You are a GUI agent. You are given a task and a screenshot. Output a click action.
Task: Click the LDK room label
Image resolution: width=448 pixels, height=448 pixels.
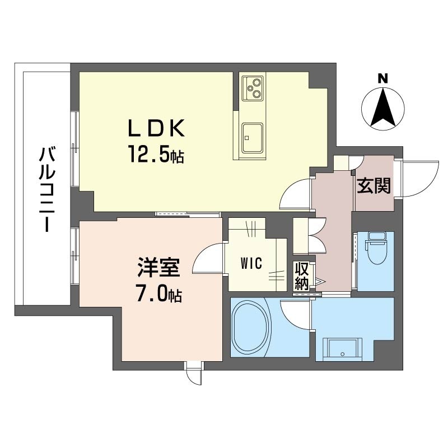[x=156, y=128]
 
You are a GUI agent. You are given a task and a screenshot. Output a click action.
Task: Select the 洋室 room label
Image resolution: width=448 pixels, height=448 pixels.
[x=158, y=267]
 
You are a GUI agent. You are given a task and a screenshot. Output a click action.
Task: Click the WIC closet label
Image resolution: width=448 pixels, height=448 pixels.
[x=251, y=263]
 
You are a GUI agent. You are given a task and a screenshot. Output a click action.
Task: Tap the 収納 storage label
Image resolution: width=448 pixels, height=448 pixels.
[x=302, y=276]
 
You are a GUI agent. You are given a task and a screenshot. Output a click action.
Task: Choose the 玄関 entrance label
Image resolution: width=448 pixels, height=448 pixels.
[x=374, y=186]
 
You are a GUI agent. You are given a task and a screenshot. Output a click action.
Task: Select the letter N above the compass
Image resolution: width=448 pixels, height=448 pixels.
[x=383, y=78]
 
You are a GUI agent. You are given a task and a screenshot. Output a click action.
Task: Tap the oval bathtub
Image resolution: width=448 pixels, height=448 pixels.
[x=251, y=327]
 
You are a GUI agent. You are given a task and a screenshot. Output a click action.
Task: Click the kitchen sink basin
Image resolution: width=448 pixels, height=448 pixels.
[x=253, y=138]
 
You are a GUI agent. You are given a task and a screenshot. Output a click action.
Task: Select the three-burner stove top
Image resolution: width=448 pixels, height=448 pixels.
[x=253, y=88]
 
